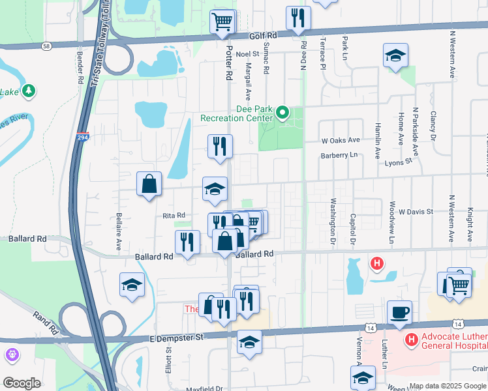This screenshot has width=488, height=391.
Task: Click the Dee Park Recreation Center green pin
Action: pyautogui.click(x=282, y=113)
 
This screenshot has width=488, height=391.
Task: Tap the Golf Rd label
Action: pyautogui.click(x=264, y=36)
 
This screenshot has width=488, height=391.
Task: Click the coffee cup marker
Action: pyautogui.click(x=399, y=311)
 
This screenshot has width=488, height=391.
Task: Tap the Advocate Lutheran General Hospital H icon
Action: pyautogui.click(x=412, y=340)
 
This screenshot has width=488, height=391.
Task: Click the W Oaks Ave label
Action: pyautogui.click(x=341, y=140)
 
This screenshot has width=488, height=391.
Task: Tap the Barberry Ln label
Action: pyautogui.click(x=339, y=155)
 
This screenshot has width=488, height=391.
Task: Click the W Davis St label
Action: pyautogui.click(x=416, y=212)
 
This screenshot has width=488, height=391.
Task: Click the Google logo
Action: pyautogui.click(x=22, y=383)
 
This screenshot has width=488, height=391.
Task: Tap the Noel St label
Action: pyautogui.click(x=248, y=55)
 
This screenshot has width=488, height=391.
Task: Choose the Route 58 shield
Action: pyautogui.click(x=46, y=46)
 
